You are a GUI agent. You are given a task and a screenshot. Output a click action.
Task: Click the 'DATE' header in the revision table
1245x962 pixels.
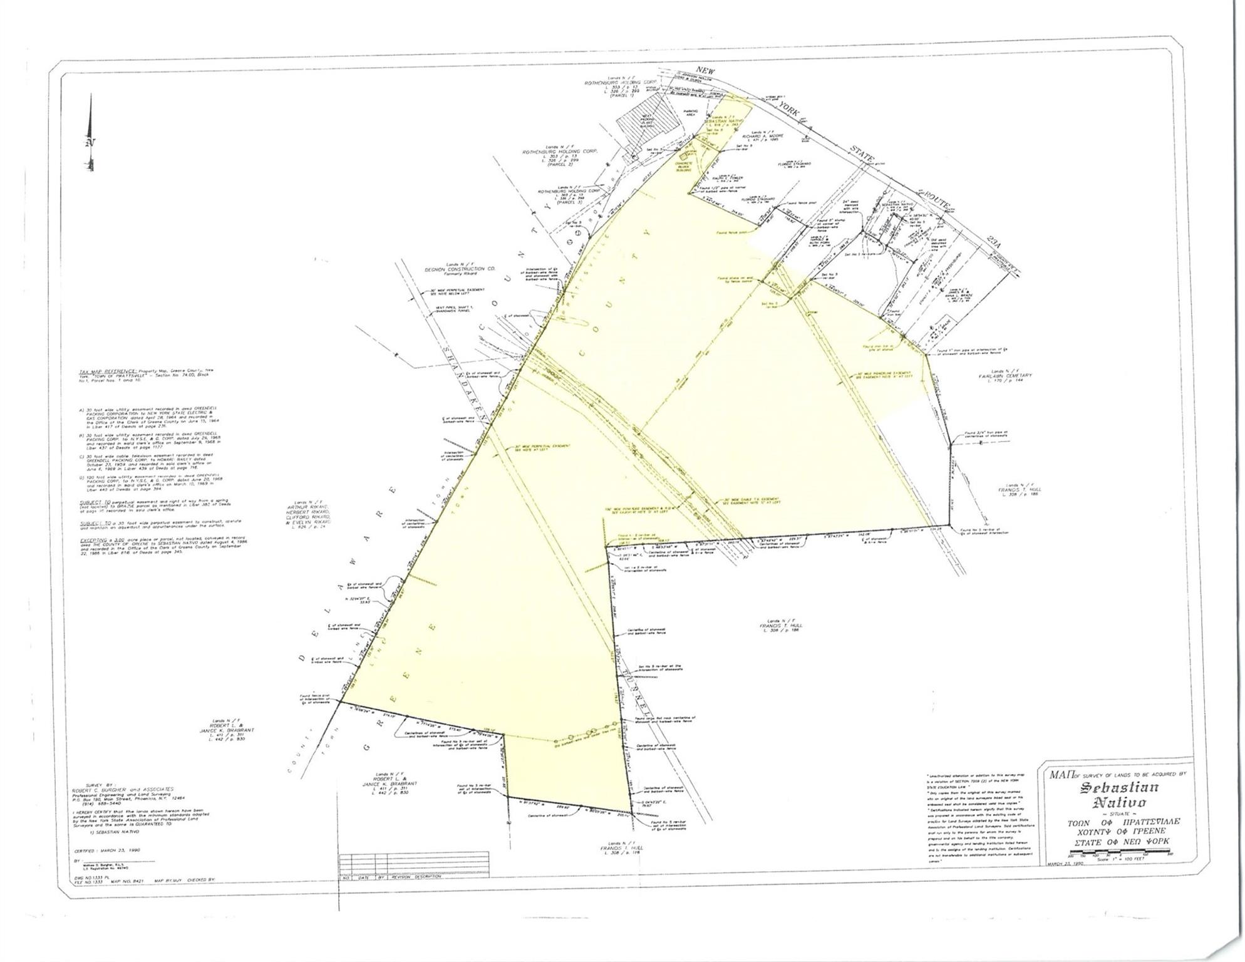tap(363, 876)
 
